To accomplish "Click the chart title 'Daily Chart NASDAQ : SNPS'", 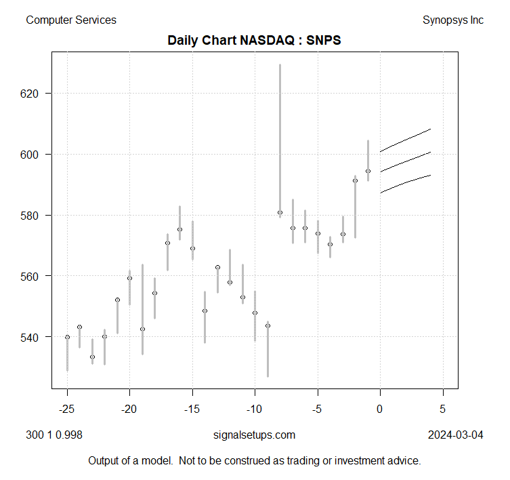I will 254,41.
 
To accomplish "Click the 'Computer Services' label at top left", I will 71,20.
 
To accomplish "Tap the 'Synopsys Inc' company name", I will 452,20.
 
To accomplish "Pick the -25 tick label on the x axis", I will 67,409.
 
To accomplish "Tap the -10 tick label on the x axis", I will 255,409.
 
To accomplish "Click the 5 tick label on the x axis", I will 443,409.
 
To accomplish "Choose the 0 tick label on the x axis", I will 380,409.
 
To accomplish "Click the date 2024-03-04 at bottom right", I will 455,435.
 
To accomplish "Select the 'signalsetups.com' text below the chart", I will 254,435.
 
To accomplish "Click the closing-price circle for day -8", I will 280,213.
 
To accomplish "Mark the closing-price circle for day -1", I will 368,171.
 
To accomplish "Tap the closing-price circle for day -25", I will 67,337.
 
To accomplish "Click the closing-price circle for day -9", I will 268,325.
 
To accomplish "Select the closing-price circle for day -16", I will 179,229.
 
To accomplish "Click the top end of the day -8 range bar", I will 280,64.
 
